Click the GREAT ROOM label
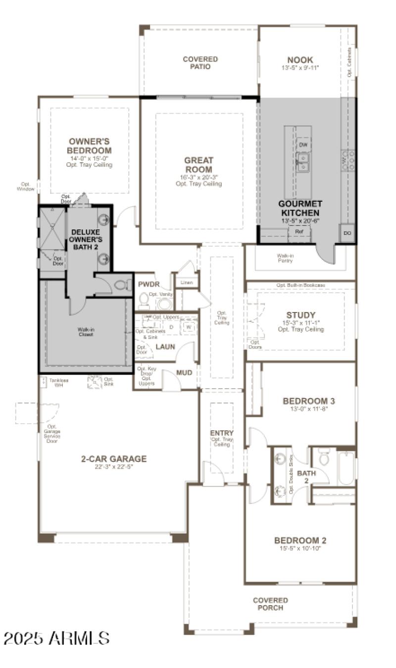pyautogui.click(x=199, y=165)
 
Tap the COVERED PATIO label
pyautogui.click(x=200, y=63)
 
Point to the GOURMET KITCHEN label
pyautogui.click(x=300, y=208)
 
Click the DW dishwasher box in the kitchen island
pyautogui.click(x=303, y=145)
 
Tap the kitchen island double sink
pyautogui.click(x=302, y=162)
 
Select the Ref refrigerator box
pyautogui.click(x=299, y=231)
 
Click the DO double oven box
pyautogui.click(x=346, y=233)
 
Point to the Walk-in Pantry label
pyautogui.click(x=285, y=258)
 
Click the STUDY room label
pyautogui.click(x=300, y=315)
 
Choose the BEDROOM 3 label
pyautogui.click(x=305, y=401)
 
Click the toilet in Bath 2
pyautogui.click(x=324, y=458)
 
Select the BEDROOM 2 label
pyautogui.click(x=300, y=540)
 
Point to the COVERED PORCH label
pyautogui.click(x=270, y=604)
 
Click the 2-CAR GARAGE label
pyautogui.click(x=114, y=458)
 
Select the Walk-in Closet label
pyautogui.click(x=86, y=331)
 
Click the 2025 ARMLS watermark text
pyautogui.click(x=56, y=638)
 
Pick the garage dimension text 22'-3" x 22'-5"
pyautogui.click(x=114, y=467)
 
